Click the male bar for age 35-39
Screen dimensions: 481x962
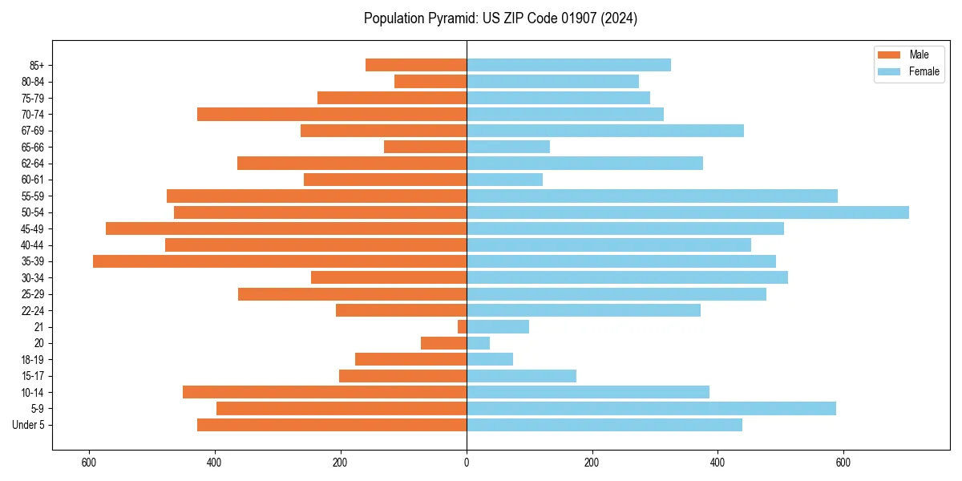280,261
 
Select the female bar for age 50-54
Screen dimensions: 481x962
687,212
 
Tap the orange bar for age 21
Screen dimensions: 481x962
463,327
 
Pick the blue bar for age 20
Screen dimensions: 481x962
478,343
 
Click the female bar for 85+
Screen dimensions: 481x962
568,65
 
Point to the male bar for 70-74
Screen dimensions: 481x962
332,115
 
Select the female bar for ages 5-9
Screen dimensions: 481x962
651,409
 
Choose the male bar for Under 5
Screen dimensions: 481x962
332,425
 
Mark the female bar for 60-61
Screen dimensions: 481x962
504,180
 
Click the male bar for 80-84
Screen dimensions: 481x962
430,82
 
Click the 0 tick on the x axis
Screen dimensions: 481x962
467,463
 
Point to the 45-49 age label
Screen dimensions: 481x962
33,229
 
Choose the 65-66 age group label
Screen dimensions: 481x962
33,148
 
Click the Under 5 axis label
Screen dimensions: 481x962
29,425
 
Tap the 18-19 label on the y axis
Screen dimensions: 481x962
33,360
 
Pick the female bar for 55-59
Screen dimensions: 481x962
652,196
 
